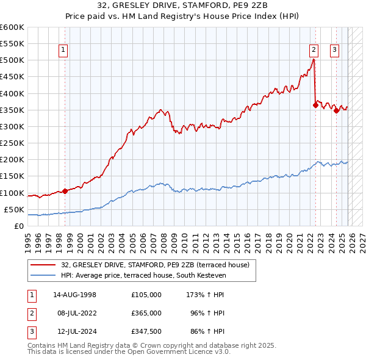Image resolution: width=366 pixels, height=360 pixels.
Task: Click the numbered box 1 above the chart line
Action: pos(64,51)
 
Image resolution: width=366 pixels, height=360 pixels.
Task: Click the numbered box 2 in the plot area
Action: pos(314,51)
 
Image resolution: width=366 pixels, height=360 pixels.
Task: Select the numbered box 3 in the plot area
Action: pos(335,51)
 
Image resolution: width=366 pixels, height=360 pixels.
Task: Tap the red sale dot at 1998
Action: pos(65,191)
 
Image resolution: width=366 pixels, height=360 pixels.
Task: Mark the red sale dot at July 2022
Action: pos(315,105)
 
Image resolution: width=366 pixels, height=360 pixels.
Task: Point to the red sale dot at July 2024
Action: pos(336,110)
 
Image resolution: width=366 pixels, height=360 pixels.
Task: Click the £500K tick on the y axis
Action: pos(12,60)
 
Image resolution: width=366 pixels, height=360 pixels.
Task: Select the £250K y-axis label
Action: pos(12,143)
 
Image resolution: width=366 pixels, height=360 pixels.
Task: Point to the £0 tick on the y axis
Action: pos(18,226)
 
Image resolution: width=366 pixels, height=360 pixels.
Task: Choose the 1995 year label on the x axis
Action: pos(27,240)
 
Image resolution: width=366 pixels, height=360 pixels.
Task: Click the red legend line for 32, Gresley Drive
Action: pos(43,265)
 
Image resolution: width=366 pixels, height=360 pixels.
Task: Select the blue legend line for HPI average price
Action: pos(43,276)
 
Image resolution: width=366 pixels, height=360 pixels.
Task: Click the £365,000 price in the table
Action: pos(146,313)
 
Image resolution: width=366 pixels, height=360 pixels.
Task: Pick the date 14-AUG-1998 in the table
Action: pos(74,295)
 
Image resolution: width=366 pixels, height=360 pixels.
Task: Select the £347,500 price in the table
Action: pos(146,331)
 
